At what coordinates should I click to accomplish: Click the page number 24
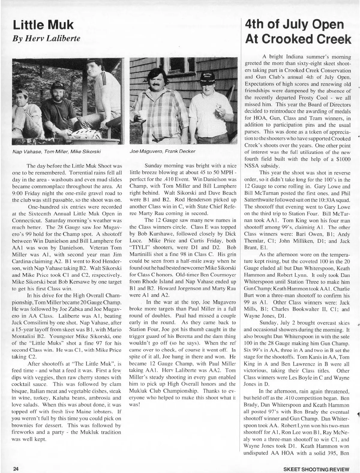15,469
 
